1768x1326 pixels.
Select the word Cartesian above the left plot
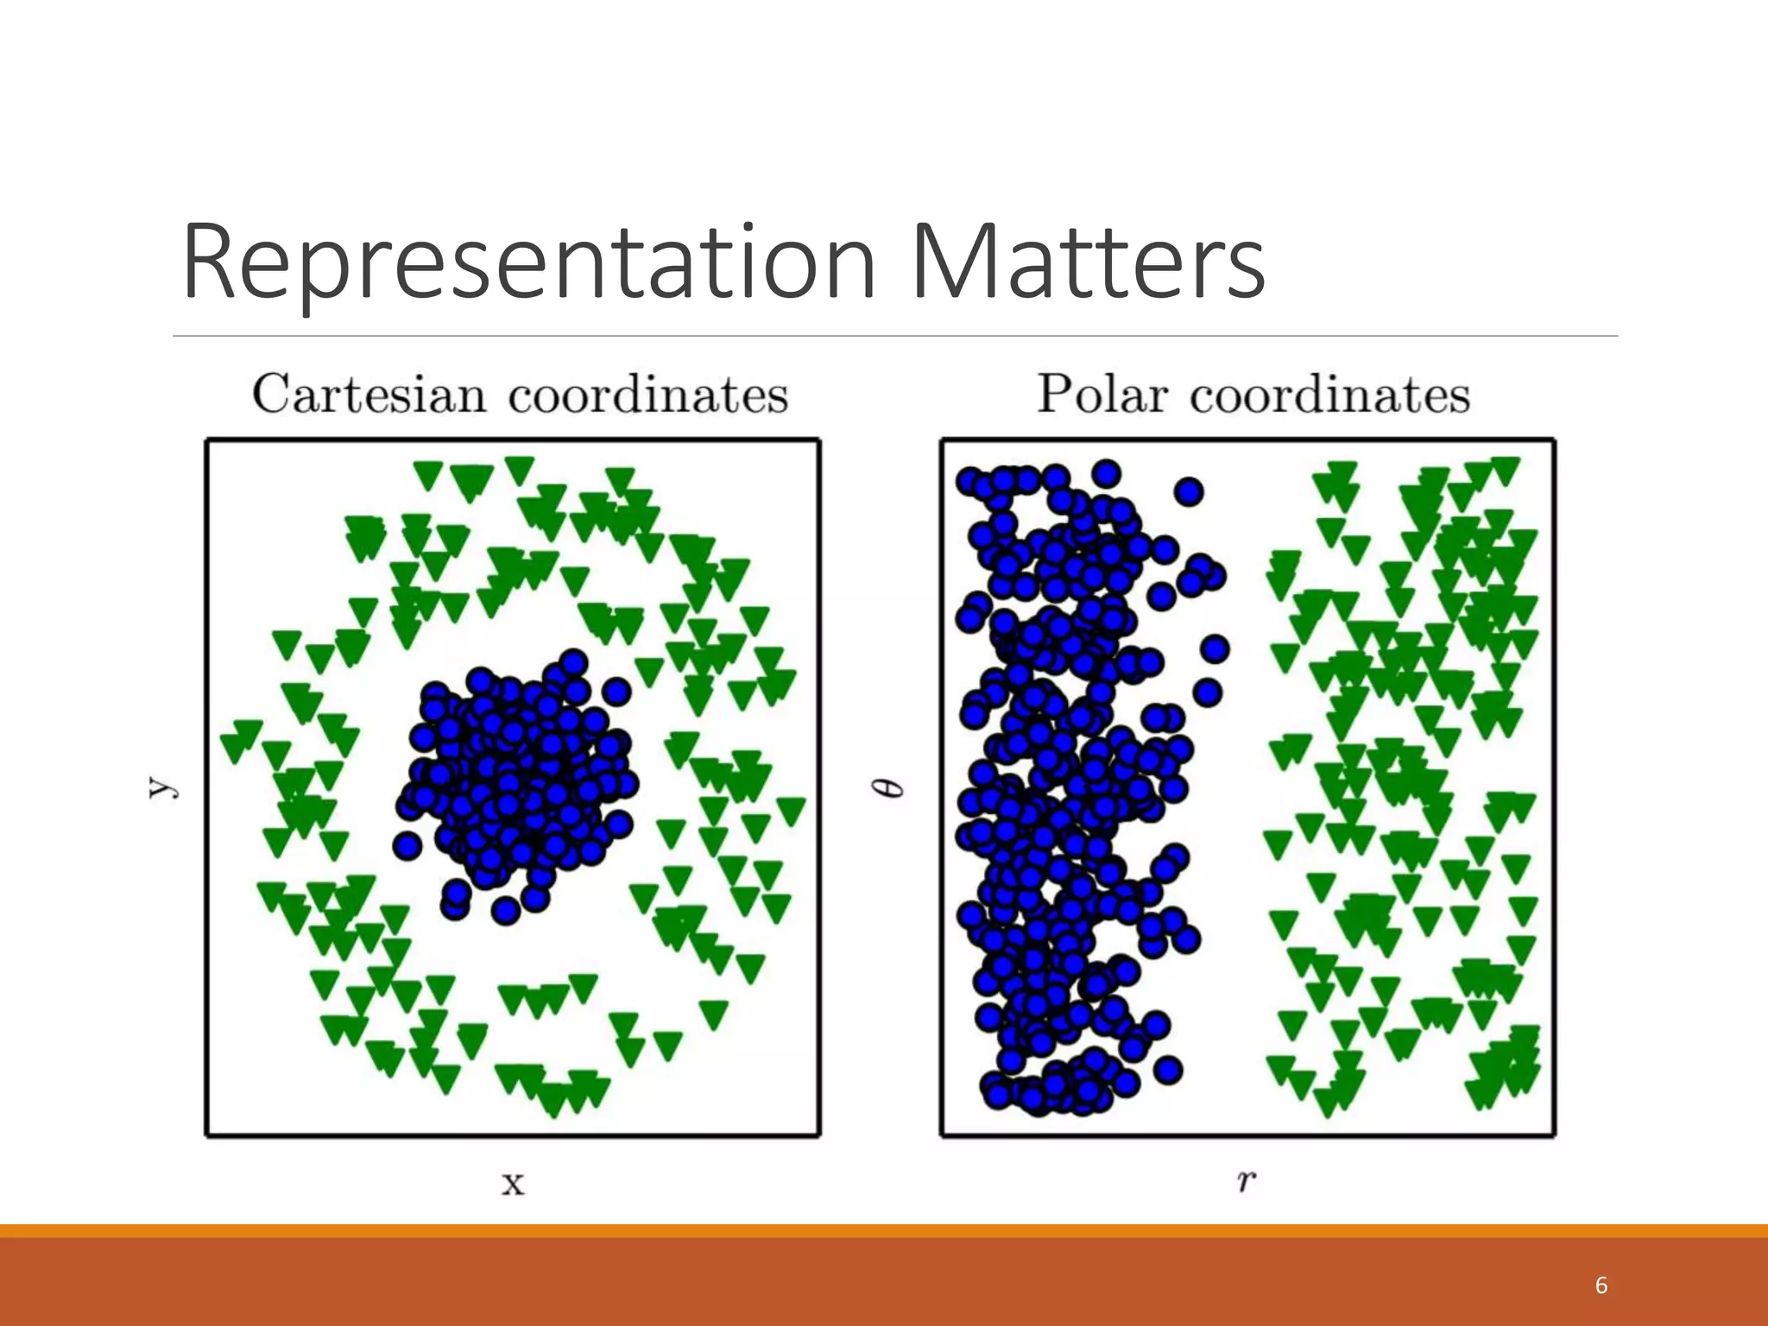click(x=369, y=395)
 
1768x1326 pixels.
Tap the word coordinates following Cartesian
click(x=647, y=395)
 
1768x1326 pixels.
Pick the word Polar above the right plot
click(x=1102, y=395)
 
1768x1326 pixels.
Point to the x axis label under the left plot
click(x=513, y=1184)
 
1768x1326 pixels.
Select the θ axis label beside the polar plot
click(x=893, y=787)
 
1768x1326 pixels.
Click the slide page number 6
click(x=1601, y=1285)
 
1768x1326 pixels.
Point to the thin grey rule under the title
click(x=894, y=336)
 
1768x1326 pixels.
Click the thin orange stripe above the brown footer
click(x=884, y=1230)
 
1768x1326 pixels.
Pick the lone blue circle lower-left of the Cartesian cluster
click(x=407, y=845)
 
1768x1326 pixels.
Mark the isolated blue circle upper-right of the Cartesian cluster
click(x=616, y=691)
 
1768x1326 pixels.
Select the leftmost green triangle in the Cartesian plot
click(x=233, y=747)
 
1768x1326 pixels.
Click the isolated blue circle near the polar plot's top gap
click(x=1189, y=491)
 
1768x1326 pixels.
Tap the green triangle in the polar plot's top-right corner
click(x=1505, y=470)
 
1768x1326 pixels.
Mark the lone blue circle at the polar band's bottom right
click(x=1167, y=1070)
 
